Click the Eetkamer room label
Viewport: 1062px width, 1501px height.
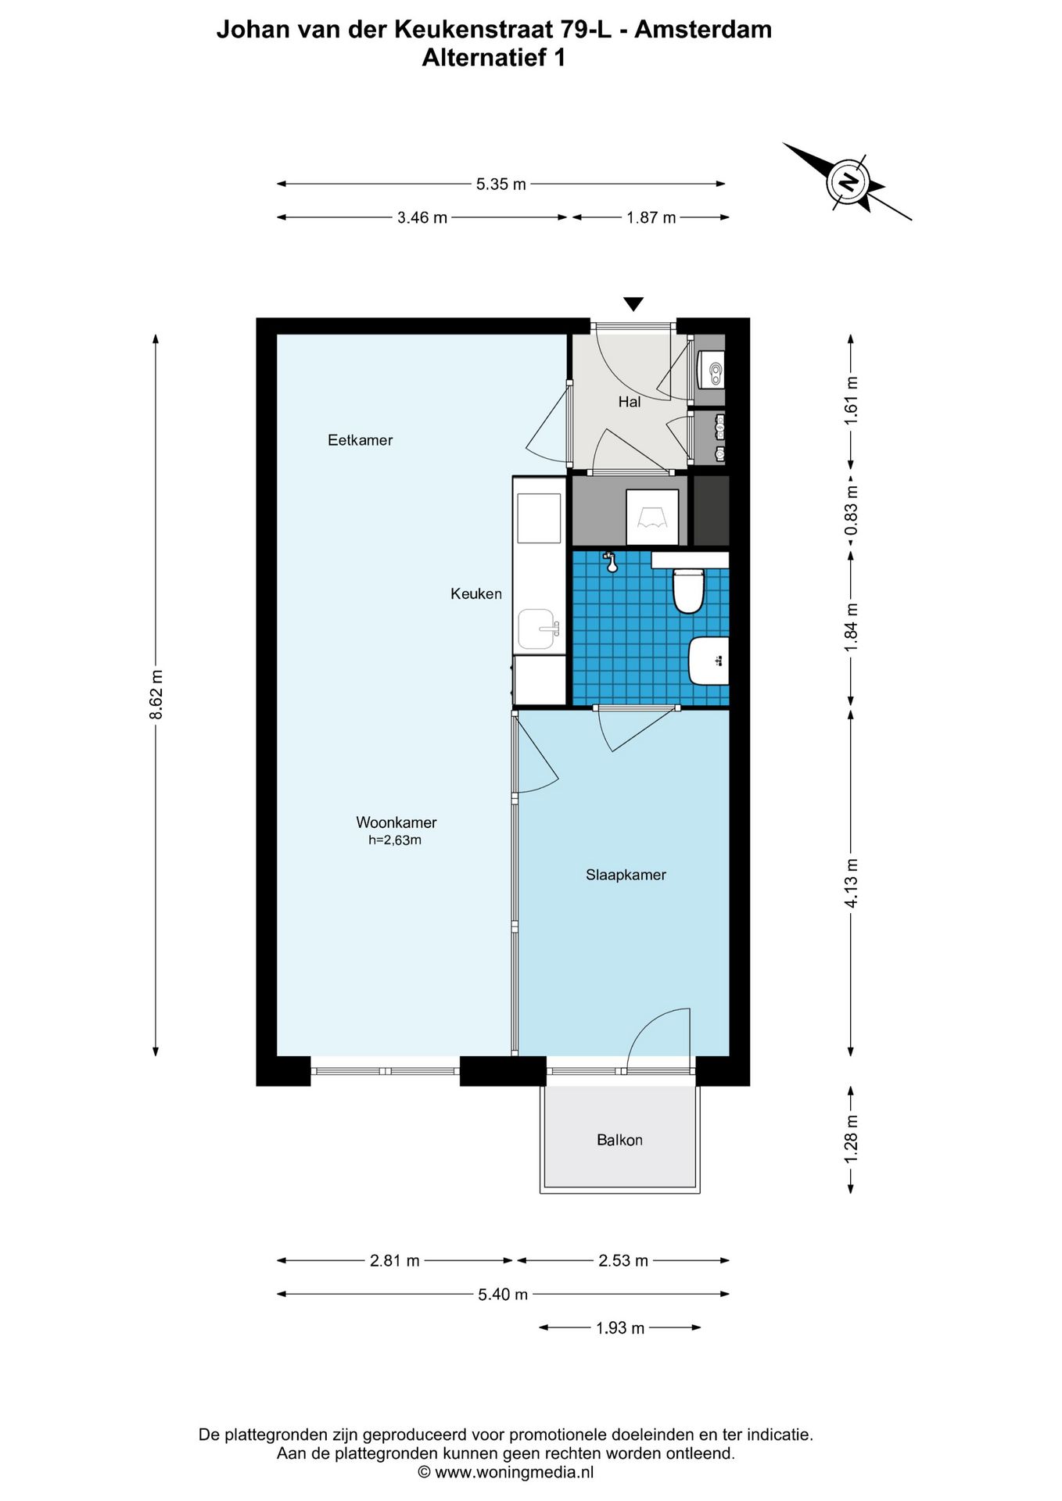(360, 440)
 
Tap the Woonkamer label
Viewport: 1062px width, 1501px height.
(396, 822)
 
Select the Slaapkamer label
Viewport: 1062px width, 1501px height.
(626, 875)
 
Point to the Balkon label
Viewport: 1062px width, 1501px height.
(619, 1140)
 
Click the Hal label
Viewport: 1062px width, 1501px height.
(630, 402)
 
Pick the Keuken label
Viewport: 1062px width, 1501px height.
(476, 594)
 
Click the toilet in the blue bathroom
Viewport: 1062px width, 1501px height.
(689, 591)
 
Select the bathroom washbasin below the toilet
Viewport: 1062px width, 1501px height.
(709, 661)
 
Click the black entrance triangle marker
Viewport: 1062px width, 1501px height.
(633, 304)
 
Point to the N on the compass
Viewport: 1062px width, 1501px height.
(848, 183)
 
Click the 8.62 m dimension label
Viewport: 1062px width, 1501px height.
(156, 694)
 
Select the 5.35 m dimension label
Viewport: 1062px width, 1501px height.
(501, 184)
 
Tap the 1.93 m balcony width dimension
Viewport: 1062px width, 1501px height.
(620, 1328)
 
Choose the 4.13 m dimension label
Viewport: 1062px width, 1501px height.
(852, 883)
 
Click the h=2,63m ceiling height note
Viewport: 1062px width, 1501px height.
(395, 840)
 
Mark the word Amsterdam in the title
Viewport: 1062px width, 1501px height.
(703, 30)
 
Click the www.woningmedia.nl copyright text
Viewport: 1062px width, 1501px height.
(515, 1473)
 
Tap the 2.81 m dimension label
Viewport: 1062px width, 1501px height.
(395, 1261)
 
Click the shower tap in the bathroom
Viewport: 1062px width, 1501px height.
(611, 561)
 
